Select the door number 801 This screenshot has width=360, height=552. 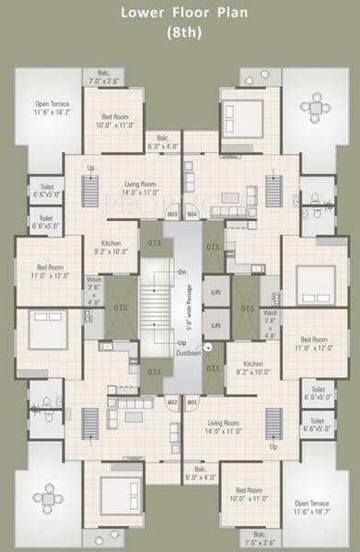pos(192,402)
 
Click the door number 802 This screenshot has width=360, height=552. pos(171,402)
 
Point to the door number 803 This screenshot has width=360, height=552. pos(171,215)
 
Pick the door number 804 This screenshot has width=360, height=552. pos(192,215)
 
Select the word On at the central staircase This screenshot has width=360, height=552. pos(181,272)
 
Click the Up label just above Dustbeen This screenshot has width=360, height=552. pos(181,341)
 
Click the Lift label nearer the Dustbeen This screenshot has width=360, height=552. pos(215,325)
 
